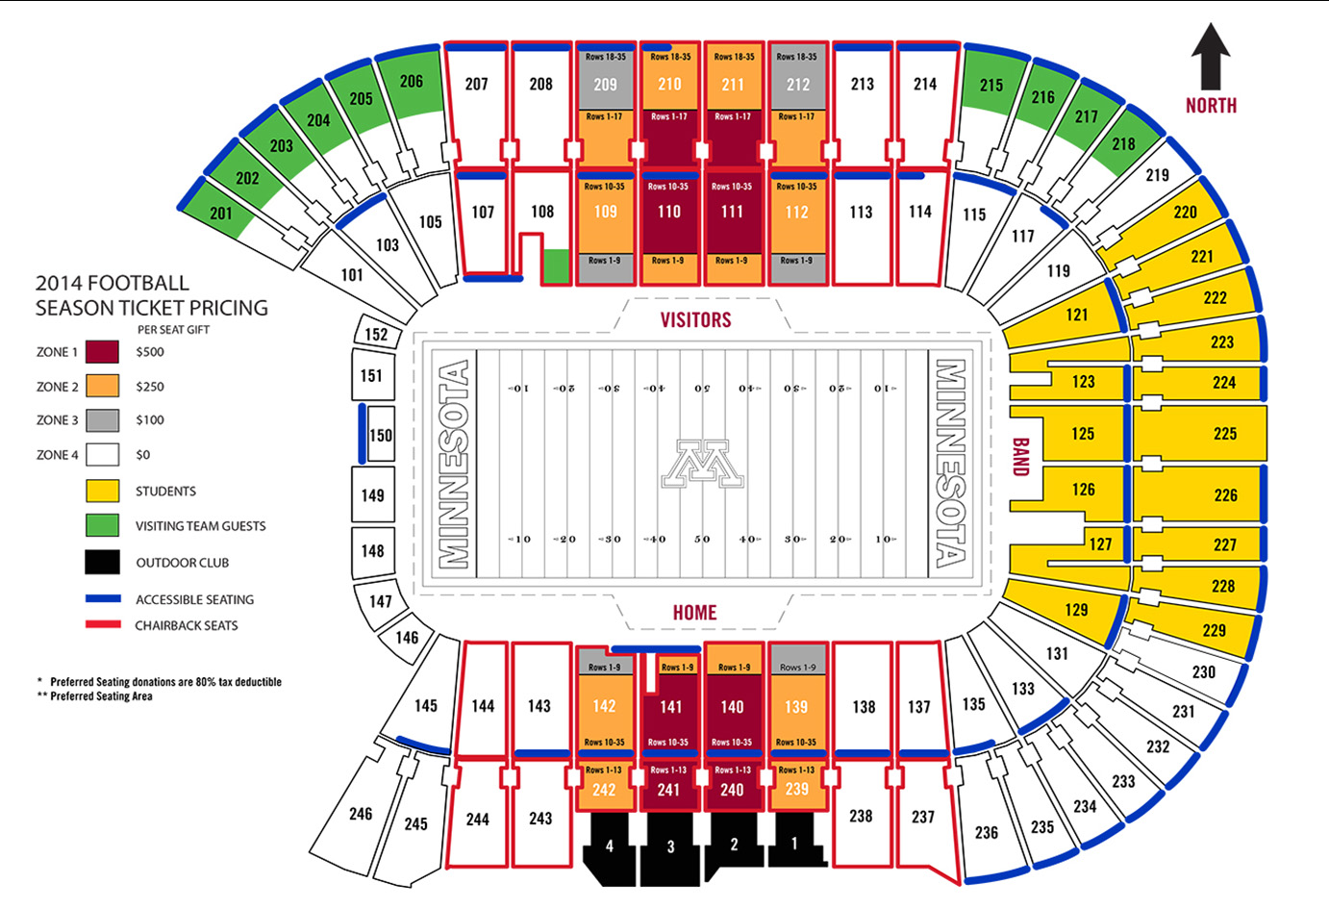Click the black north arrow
(1210, 58)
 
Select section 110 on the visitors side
(669, 213)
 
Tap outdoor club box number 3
(670, 846)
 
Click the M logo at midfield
(703, 465)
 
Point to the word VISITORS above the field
(695, 320)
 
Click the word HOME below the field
(694, 613)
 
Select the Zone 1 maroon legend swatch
(102, 352)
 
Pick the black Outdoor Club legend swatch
(102, 563)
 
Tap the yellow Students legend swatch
(102, 492)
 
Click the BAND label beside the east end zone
(1020, 458)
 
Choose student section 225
(1224, 434)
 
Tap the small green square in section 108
(555, 265)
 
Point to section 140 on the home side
(732, 707)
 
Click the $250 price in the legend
(150, 387)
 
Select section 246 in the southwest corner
(361, 814)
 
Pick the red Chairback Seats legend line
(102, 625)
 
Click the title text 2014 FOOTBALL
(113, 284)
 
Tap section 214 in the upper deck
(925, 85)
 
